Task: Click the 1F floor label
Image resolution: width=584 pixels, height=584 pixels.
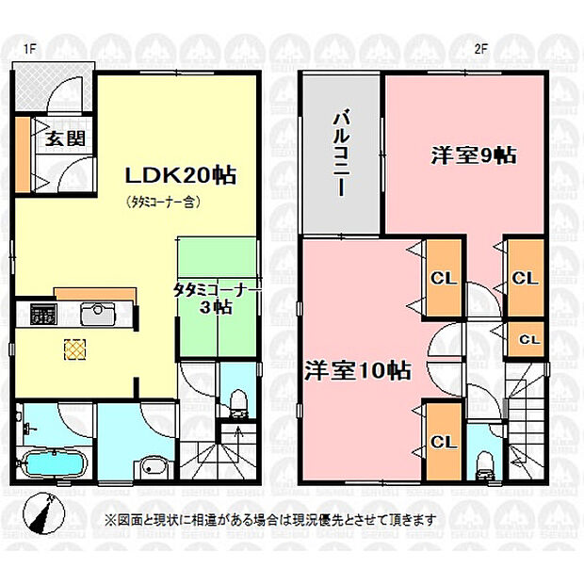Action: (x=30, y=49)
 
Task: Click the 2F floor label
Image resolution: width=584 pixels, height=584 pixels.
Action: (x=480, y=49)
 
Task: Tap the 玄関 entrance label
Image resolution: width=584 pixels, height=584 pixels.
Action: (x=66, y=138)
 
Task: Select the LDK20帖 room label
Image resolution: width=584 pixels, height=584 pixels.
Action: (x=181, y=175)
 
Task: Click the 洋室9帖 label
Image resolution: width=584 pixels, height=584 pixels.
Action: (x=474, y=155)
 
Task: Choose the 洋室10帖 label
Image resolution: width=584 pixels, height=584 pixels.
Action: (x=358, y=370)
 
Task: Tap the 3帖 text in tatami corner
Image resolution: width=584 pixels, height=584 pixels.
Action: (x=217, y=308)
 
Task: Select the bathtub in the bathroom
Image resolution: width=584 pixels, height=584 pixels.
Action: (x=54, y=463)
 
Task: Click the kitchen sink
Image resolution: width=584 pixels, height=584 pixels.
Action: (x=98, y=314)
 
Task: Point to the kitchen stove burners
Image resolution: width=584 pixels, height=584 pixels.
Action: (x=43, y=314)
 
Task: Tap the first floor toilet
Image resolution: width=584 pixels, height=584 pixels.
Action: (x=238, y=403)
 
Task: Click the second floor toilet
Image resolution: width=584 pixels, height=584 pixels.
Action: (x=484, y=466)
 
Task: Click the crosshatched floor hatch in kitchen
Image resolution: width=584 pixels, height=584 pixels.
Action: (x=75, y=349)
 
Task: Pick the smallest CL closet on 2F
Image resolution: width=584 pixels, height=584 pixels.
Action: (x=527, y=339)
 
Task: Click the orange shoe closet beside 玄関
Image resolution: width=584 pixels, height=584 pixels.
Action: (x=23, y=154)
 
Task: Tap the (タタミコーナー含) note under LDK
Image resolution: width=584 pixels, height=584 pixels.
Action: (x=164, y=202)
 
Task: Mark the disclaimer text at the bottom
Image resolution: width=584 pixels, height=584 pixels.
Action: (x=271, y=519)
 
